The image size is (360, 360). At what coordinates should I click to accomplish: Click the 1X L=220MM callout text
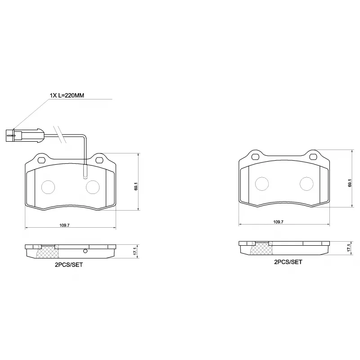coord(67,95)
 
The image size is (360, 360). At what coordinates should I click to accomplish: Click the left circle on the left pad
coord(48,186)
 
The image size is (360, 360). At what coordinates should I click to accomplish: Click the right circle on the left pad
coord(93,186)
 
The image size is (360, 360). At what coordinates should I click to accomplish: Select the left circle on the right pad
coord(262,183)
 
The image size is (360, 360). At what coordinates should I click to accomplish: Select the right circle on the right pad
coord(306,183)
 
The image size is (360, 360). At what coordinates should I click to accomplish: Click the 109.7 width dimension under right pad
coord(278,222)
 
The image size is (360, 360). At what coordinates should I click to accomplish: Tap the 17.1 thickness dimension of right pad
coord(349,248)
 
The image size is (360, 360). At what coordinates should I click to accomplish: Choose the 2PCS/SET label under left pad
coord(69,265)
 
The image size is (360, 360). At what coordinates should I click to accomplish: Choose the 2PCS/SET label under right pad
coord(288,261)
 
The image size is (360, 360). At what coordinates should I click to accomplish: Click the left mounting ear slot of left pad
coord(42,160)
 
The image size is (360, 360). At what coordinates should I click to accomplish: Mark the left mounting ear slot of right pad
coord(255,157)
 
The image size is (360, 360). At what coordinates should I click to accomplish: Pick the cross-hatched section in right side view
coord(261,249)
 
